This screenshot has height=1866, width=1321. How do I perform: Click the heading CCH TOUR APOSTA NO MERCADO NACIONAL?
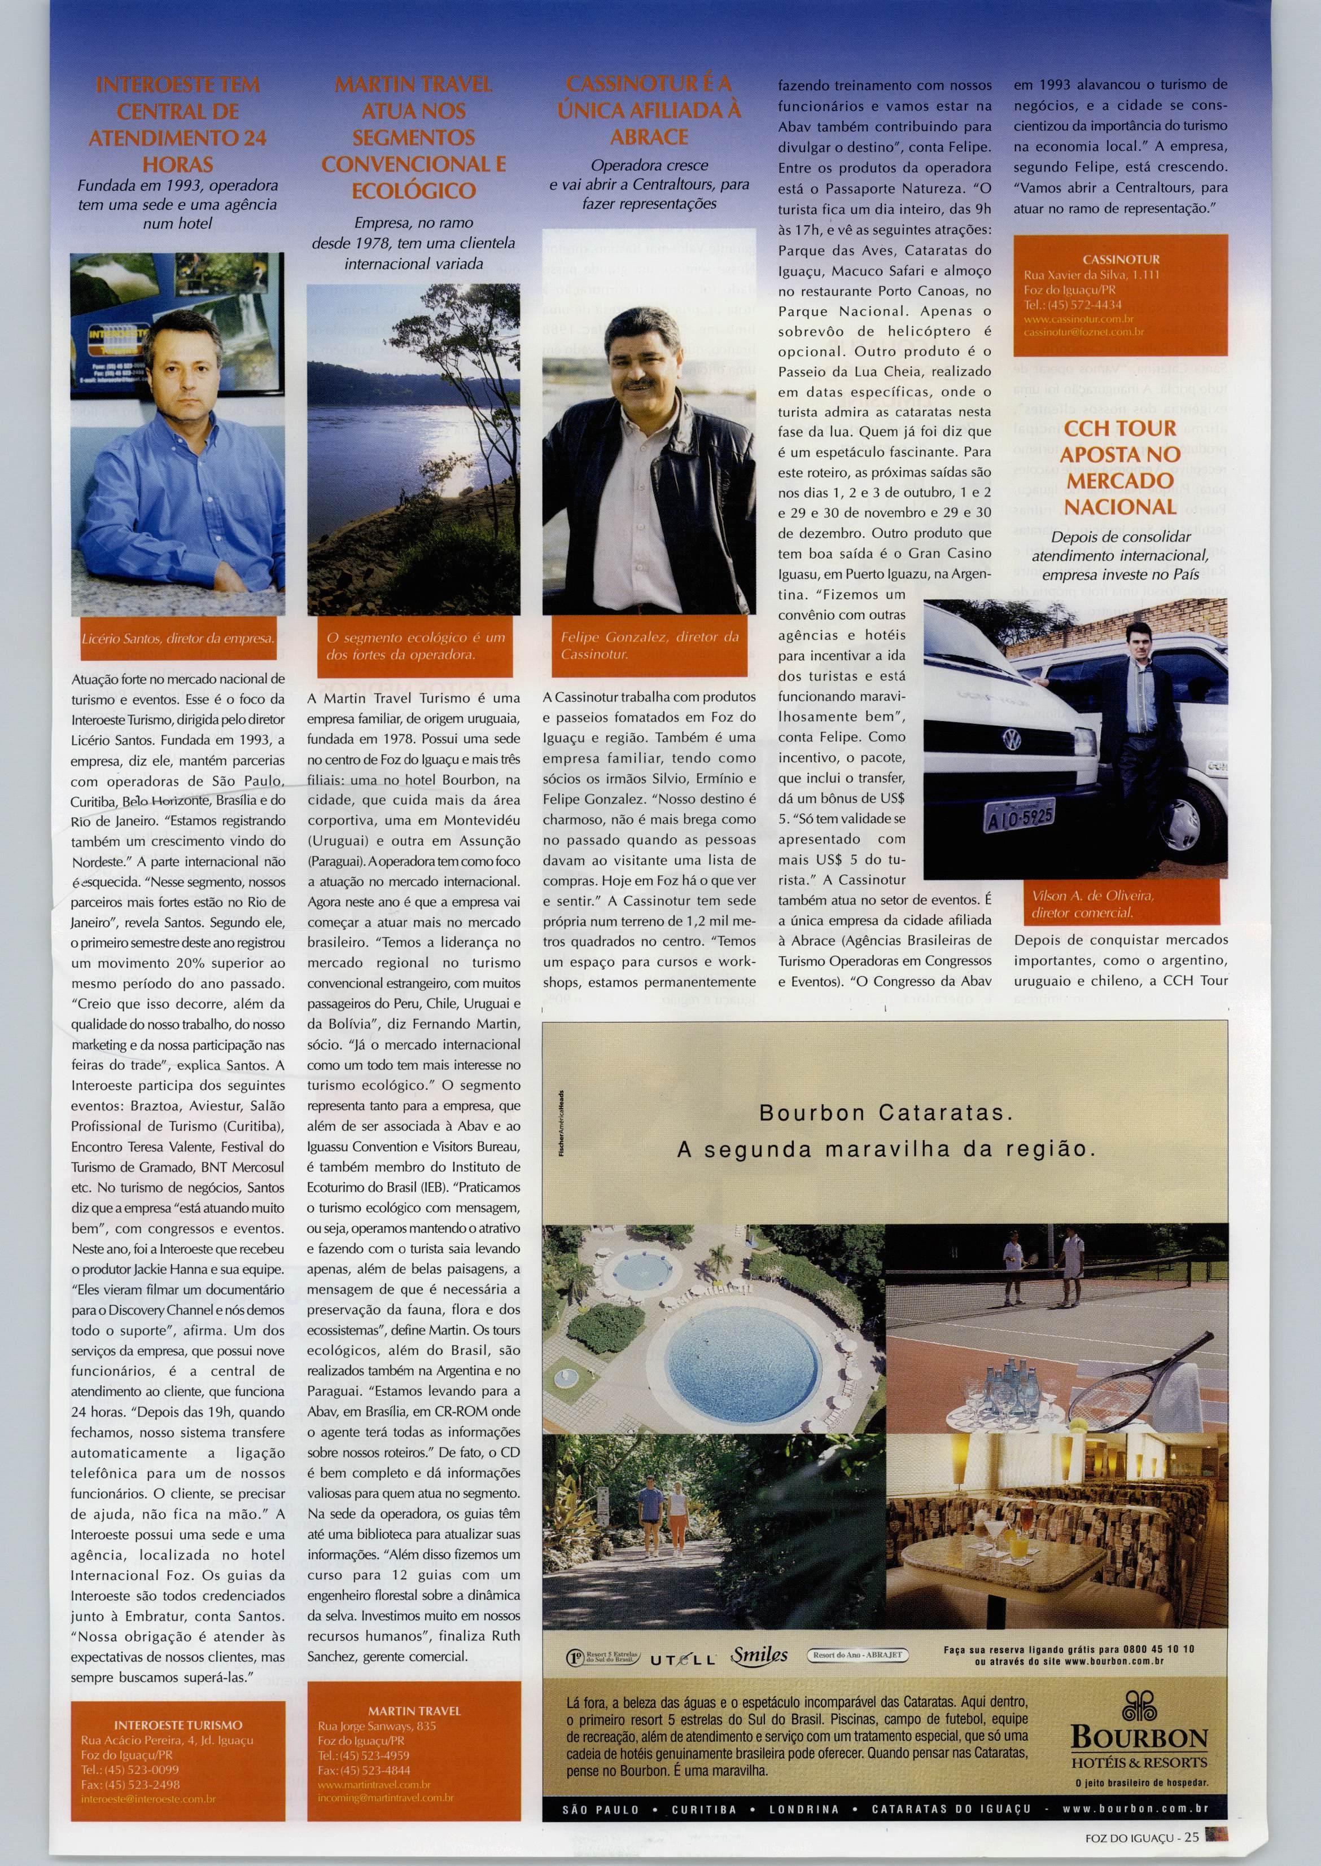coord(1120,468)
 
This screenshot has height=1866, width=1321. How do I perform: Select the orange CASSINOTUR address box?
coord(1119,295)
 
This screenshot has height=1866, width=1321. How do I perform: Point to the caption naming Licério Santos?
coord(177,639)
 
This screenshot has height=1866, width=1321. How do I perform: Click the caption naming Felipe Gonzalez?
coord(649,645)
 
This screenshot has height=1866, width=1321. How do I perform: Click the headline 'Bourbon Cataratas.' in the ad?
coord(885,1112)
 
